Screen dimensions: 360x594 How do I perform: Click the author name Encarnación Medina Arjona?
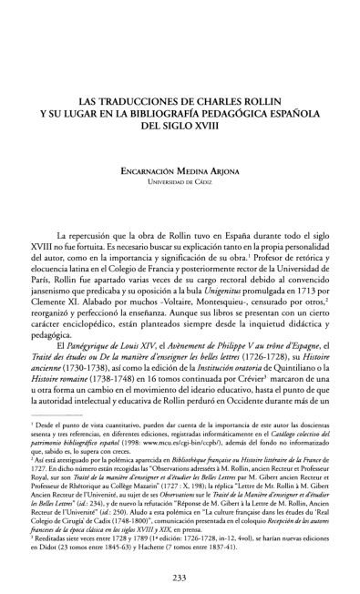coord(180,169)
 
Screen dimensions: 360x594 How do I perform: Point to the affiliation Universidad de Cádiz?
coord(180,181)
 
